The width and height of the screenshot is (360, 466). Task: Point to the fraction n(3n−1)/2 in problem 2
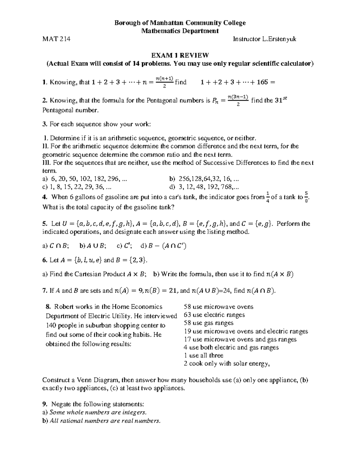coord(238,101)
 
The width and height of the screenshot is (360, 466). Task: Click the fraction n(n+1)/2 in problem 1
coord(164,82)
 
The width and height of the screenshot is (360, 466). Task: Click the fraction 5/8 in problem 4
coord(306,197)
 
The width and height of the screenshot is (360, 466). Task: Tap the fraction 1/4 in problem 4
coord(268,197)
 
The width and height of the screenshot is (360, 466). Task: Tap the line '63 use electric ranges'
coord(214,315)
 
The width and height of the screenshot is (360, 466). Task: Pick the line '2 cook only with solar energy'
coord(227,364)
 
